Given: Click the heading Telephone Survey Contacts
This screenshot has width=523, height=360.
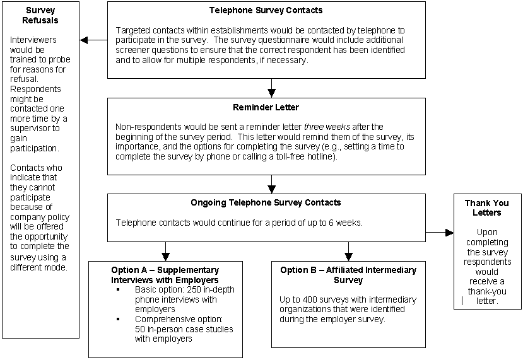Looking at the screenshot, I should [x=265, y=11].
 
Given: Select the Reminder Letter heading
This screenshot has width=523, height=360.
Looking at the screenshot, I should [x=266, y=107].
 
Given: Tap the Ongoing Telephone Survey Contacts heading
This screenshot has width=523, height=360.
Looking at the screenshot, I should [x=266, y=202].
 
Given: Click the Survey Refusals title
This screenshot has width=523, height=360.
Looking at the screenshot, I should [x=40, y=15].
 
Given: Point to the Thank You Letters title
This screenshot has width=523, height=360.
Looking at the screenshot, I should [x=487, y=208].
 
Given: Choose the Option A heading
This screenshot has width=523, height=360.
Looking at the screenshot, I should [x=166, y=275].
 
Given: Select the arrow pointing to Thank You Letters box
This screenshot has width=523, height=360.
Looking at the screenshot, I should [x=446, y=233].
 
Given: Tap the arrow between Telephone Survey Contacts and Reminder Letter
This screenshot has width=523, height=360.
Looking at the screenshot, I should [x=272, y=89].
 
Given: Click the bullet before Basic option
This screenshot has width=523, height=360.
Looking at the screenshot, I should [x=118, y=290].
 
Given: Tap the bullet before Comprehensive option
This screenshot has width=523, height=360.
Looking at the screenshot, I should [x=118, y=320].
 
